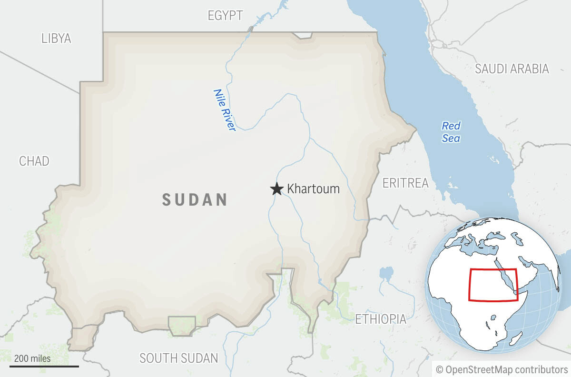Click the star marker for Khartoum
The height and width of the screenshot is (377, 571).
[x=276, y=189]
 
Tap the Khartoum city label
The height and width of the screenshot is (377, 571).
[x=313, y=189]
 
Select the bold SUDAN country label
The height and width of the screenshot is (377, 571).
[x=195, y=199]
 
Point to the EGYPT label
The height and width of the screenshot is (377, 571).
[x=225, y=15]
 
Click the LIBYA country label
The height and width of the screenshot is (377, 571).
[x=56, y=39]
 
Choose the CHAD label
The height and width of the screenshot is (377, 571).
[x=34, y=161]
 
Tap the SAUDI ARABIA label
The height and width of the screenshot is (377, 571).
[x=512, y=69]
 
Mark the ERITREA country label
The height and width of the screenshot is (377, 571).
[x=405, y=183]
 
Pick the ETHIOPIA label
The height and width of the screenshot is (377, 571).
[x=381, y=319]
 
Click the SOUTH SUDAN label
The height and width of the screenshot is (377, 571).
[x=178, y=358]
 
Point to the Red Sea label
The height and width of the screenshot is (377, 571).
[x=451, y=132]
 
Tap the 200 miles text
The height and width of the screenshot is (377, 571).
[x=32, y=358]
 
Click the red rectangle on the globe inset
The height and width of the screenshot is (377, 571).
[x=493, y=285]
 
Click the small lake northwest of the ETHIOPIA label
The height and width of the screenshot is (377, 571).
[x=386, y=273]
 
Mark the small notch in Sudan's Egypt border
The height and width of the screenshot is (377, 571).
[x=302, y=35]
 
